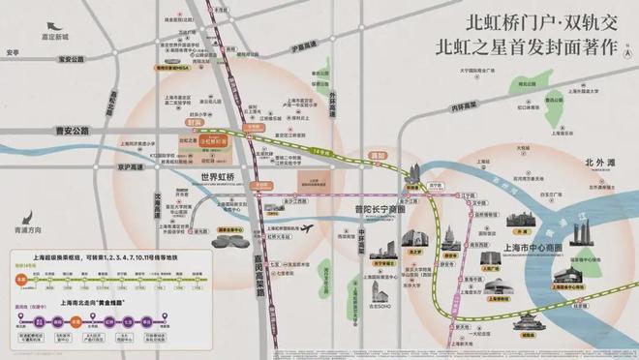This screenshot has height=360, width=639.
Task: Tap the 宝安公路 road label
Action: [x=72, y=58]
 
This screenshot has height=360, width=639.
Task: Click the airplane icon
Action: [x=308, y=229]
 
